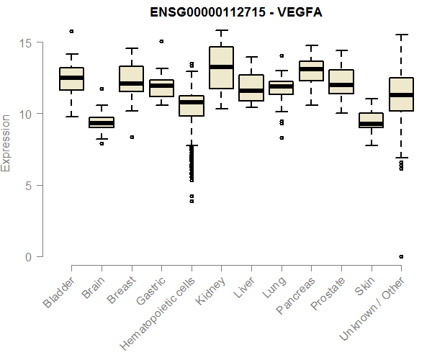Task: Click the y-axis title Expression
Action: click(x=6, y=143)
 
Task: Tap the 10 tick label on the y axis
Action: click(x=26, y=114)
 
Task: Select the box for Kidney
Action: click(x=221, y=68)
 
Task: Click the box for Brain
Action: click(x=102, y=122)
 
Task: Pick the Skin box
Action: click(x=372, y=120)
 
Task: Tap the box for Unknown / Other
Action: click(x=401, y=94)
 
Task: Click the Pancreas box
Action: click(x=311, y=71)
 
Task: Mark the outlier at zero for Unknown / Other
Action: click(x=401, y=256)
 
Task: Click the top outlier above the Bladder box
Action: click(x=71, y=31)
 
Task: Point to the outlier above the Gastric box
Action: click(x=161, y=41)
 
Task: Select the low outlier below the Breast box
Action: click(x=131, y=137)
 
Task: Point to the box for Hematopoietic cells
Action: click(x=192, y=106)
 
